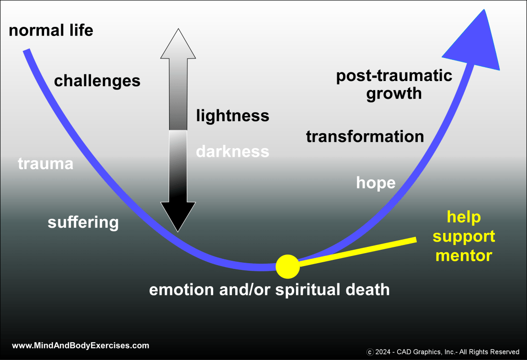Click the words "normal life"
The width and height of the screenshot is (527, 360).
tap(51, 31)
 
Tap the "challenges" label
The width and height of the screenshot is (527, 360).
tap(97, 81)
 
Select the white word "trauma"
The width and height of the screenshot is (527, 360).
tap(46, 164)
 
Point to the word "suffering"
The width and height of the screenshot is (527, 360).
tap(83, 222)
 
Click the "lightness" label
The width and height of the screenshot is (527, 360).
tap(232, 116)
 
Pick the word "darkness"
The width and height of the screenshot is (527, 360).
tap(232, 151)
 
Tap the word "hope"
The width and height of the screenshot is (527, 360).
tap(376, 183)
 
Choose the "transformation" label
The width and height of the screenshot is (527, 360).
tap(365, 137)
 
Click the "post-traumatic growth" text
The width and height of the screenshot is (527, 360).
tap(394, 84)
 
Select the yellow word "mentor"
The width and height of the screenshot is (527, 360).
tap(464, 255)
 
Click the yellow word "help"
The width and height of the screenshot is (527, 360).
tap(464, 217)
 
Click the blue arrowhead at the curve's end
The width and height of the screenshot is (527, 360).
tap(474, 43)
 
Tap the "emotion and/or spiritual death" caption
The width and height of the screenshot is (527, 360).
tap(269, 290)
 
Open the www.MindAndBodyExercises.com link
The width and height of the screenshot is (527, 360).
tap(80, 345)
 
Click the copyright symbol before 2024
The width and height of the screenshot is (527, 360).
tap(370, 352)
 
